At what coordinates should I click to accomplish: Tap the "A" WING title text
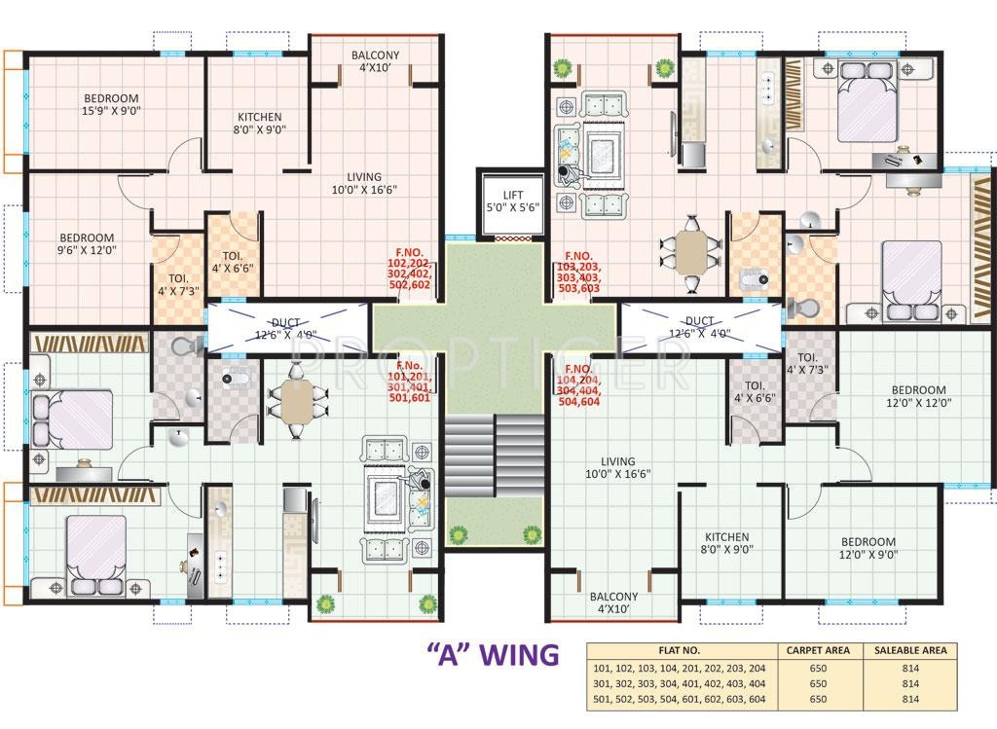tap(494, 653)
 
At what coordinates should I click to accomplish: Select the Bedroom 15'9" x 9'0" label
tap(110, 104)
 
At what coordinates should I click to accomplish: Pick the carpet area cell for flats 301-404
tap(818, 683)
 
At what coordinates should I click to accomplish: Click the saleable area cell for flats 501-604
tap(910, 699)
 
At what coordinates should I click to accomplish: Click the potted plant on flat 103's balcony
tap(562, 67)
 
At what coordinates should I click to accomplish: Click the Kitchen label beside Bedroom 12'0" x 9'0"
tap(727, 542)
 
